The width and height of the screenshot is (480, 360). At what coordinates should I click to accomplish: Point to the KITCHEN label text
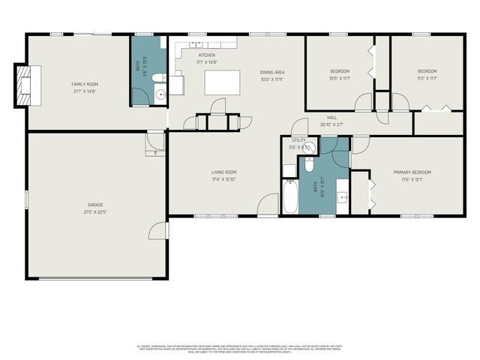[x=206, y=55]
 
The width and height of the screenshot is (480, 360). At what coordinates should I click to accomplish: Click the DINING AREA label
[x=272, y=72]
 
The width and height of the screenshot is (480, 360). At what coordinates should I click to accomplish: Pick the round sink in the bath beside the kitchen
[x=160, y=94]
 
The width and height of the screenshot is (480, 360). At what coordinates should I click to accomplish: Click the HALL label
[x=331, y=117]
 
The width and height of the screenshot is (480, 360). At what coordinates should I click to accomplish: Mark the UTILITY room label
[x=298, y=140]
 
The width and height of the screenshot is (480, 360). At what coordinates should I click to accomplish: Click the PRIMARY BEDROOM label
[x=413, y=172]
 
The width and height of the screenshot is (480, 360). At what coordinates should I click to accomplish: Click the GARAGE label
[x=94, y=205]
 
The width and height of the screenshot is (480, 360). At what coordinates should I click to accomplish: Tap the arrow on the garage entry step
[x=156, y=151]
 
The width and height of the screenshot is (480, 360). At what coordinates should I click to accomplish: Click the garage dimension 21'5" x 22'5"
[x=94, y=212]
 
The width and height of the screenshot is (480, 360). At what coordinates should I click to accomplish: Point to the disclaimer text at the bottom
[x=239, y=348]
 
